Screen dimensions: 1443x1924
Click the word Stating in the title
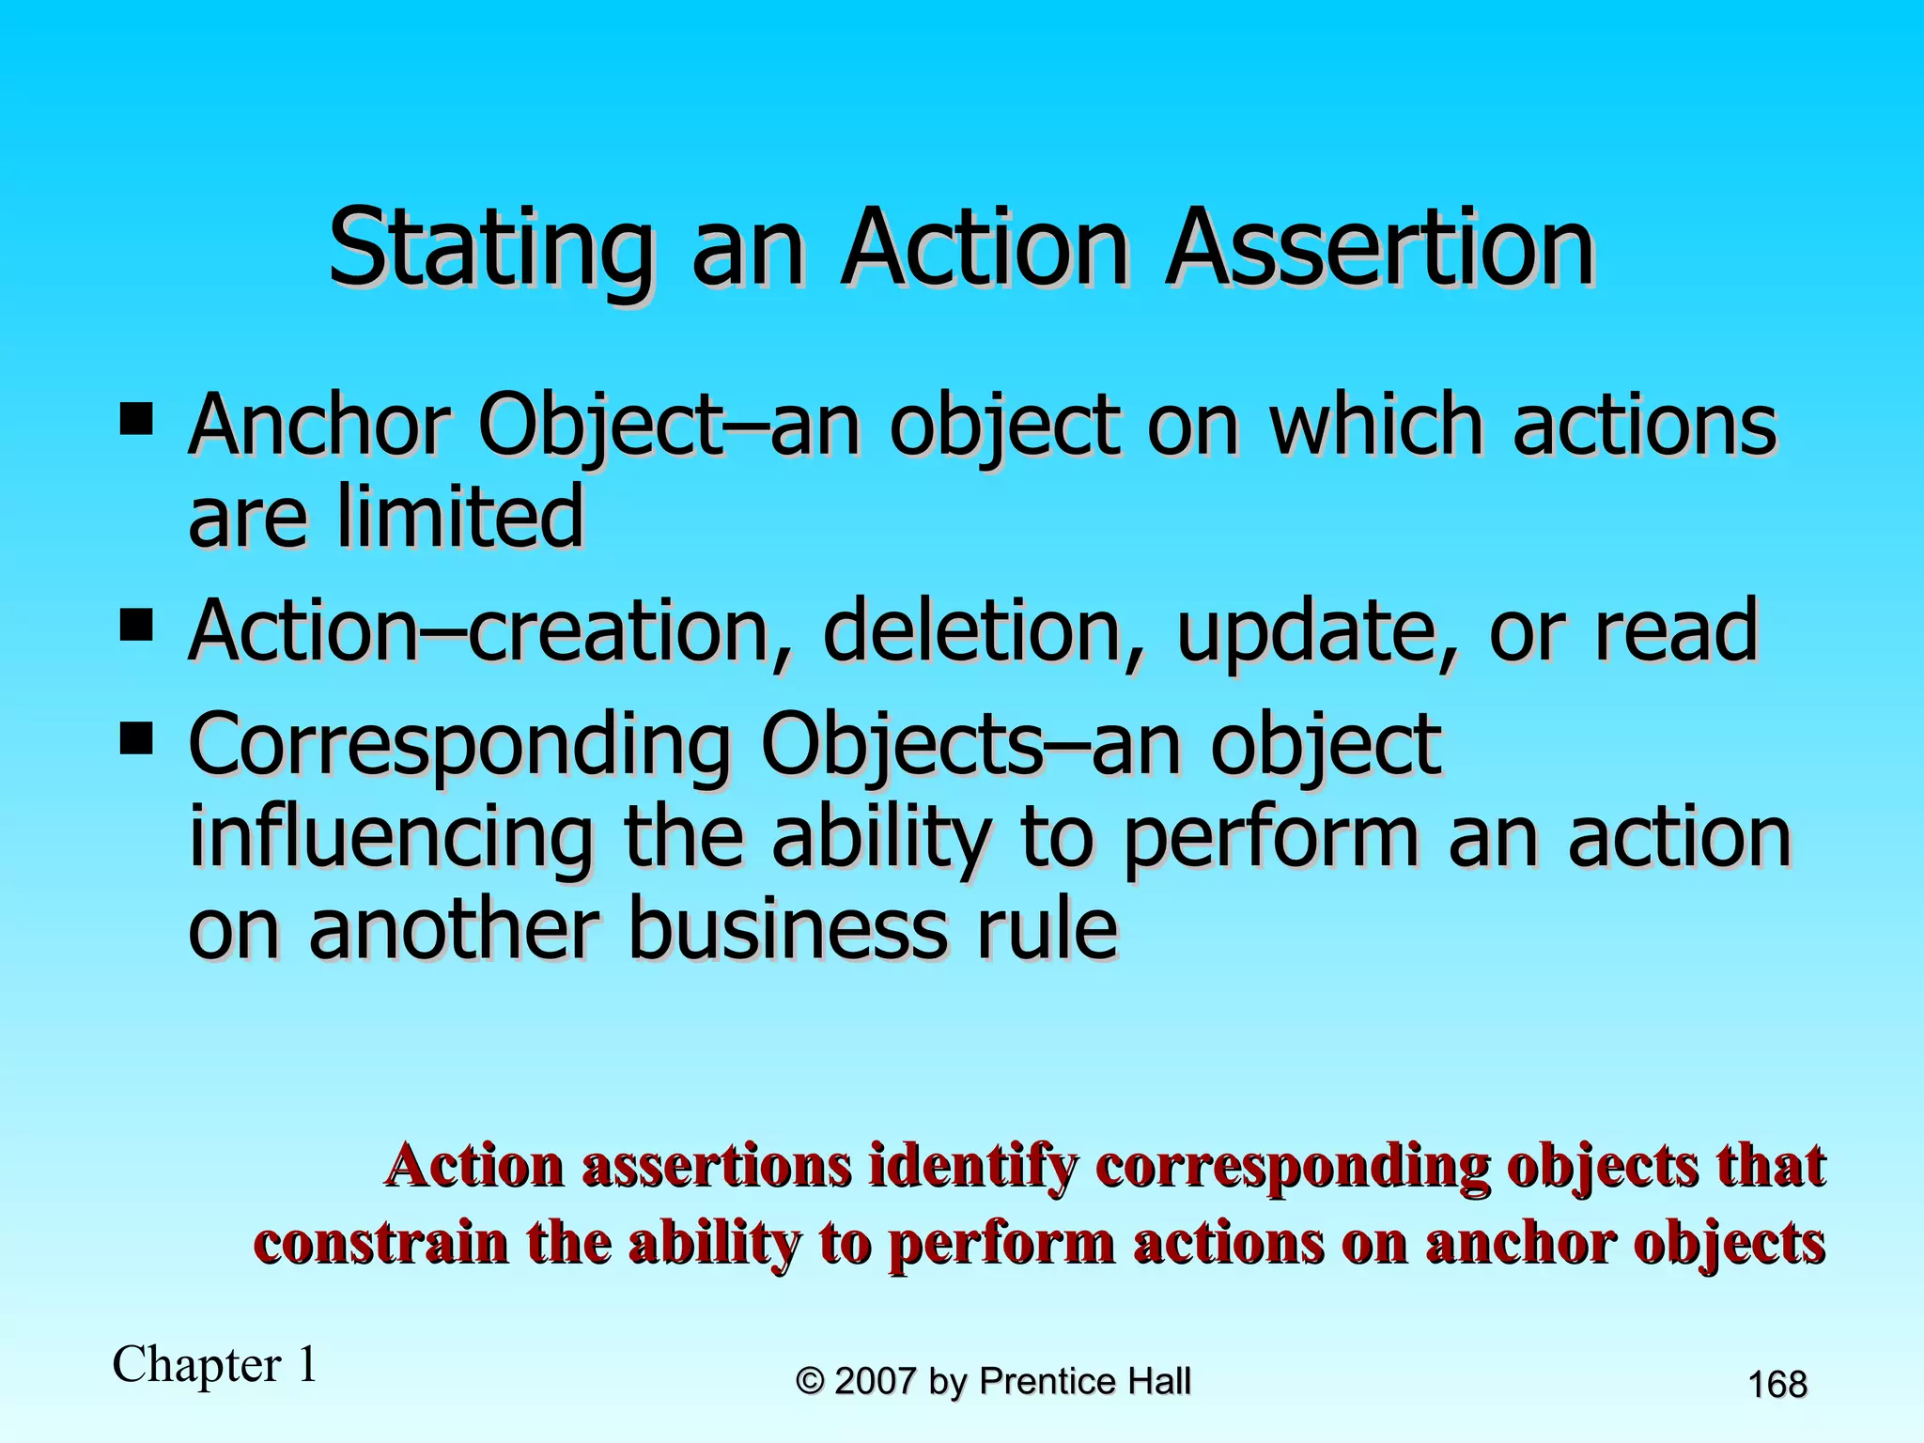click(x=489, y=249)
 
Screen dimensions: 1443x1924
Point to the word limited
click(x=460, y=516)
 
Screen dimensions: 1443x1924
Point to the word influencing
click(x=391, y=839)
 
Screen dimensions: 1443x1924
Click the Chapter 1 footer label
click(x=215, y=1364)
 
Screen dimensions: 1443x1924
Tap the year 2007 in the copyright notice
click(x=875, y=1382)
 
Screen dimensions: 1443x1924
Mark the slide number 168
click(x=1777, y=1385)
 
